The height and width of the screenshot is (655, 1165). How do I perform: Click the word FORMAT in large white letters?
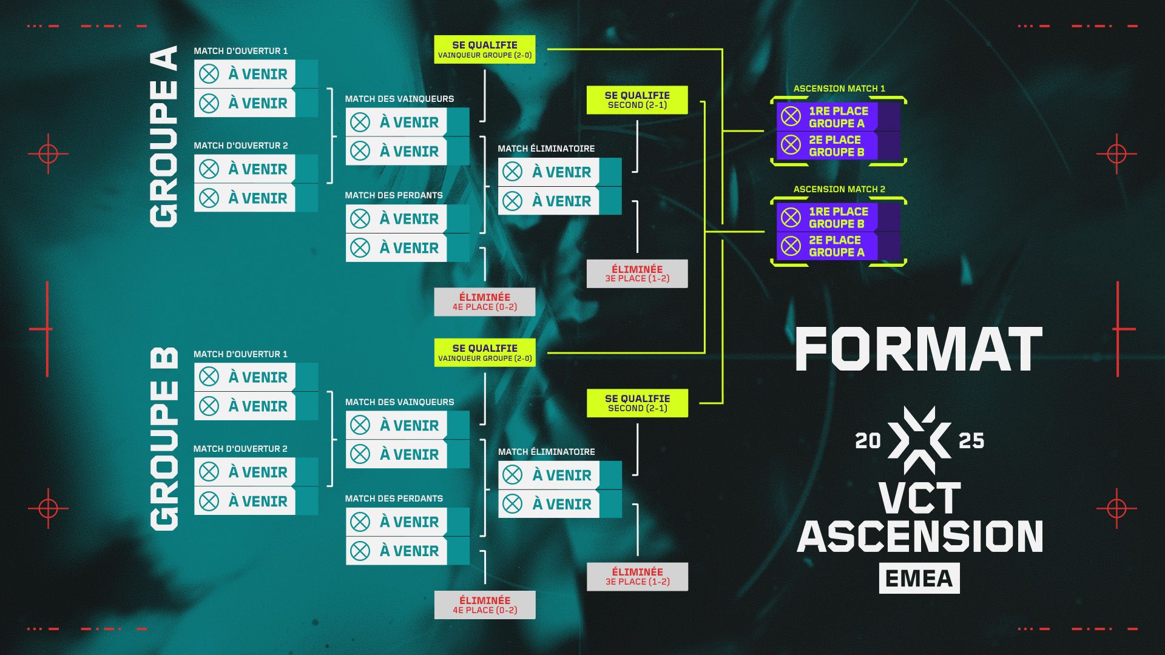tap(919, 349)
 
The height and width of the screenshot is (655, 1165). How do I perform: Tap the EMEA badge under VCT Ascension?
tap(919, 578)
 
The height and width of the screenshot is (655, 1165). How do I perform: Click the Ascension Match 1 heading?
tap(839, 89)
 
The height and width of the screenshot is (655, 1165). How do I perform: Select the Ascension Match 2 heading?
tap(839, 189)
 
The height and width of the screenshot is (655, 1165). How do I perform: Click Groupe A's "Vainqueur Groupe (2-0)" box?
tap(484, 49)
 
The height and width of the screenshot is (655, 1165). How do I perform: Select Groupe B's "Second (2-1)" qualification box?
tap(637, 403)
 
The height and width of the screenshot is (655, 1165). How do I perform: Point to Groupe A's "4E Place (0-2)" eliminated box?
tap(484, 301)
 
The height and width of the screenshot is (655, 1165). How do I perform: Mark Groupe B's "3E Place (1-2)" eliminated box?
tap(637, 576)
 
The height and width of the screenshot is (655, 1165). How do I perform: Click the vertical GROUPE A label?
tap(164, 136)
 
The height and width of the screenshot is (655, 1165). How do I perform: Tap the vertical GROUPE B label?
tap(164, 438)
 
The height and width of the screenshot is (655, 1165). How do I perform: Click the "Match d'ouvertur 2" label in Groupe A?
tap(240, 146)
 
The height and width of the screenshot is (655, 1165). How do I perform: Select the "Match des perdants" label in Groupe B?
tap(394, 499)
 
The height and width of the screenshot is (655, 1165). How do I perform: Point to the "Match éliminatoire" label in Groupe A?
tap(546, 149)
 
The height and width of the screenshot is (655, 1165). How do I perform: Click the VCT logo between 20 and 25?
tap(919, 440)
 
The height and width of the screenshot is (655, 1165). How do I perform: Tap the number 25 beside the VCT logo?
tap(971, 441)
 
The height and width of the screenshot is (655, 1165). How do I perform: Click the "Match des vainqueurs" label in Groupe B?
tap(399, 402)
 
